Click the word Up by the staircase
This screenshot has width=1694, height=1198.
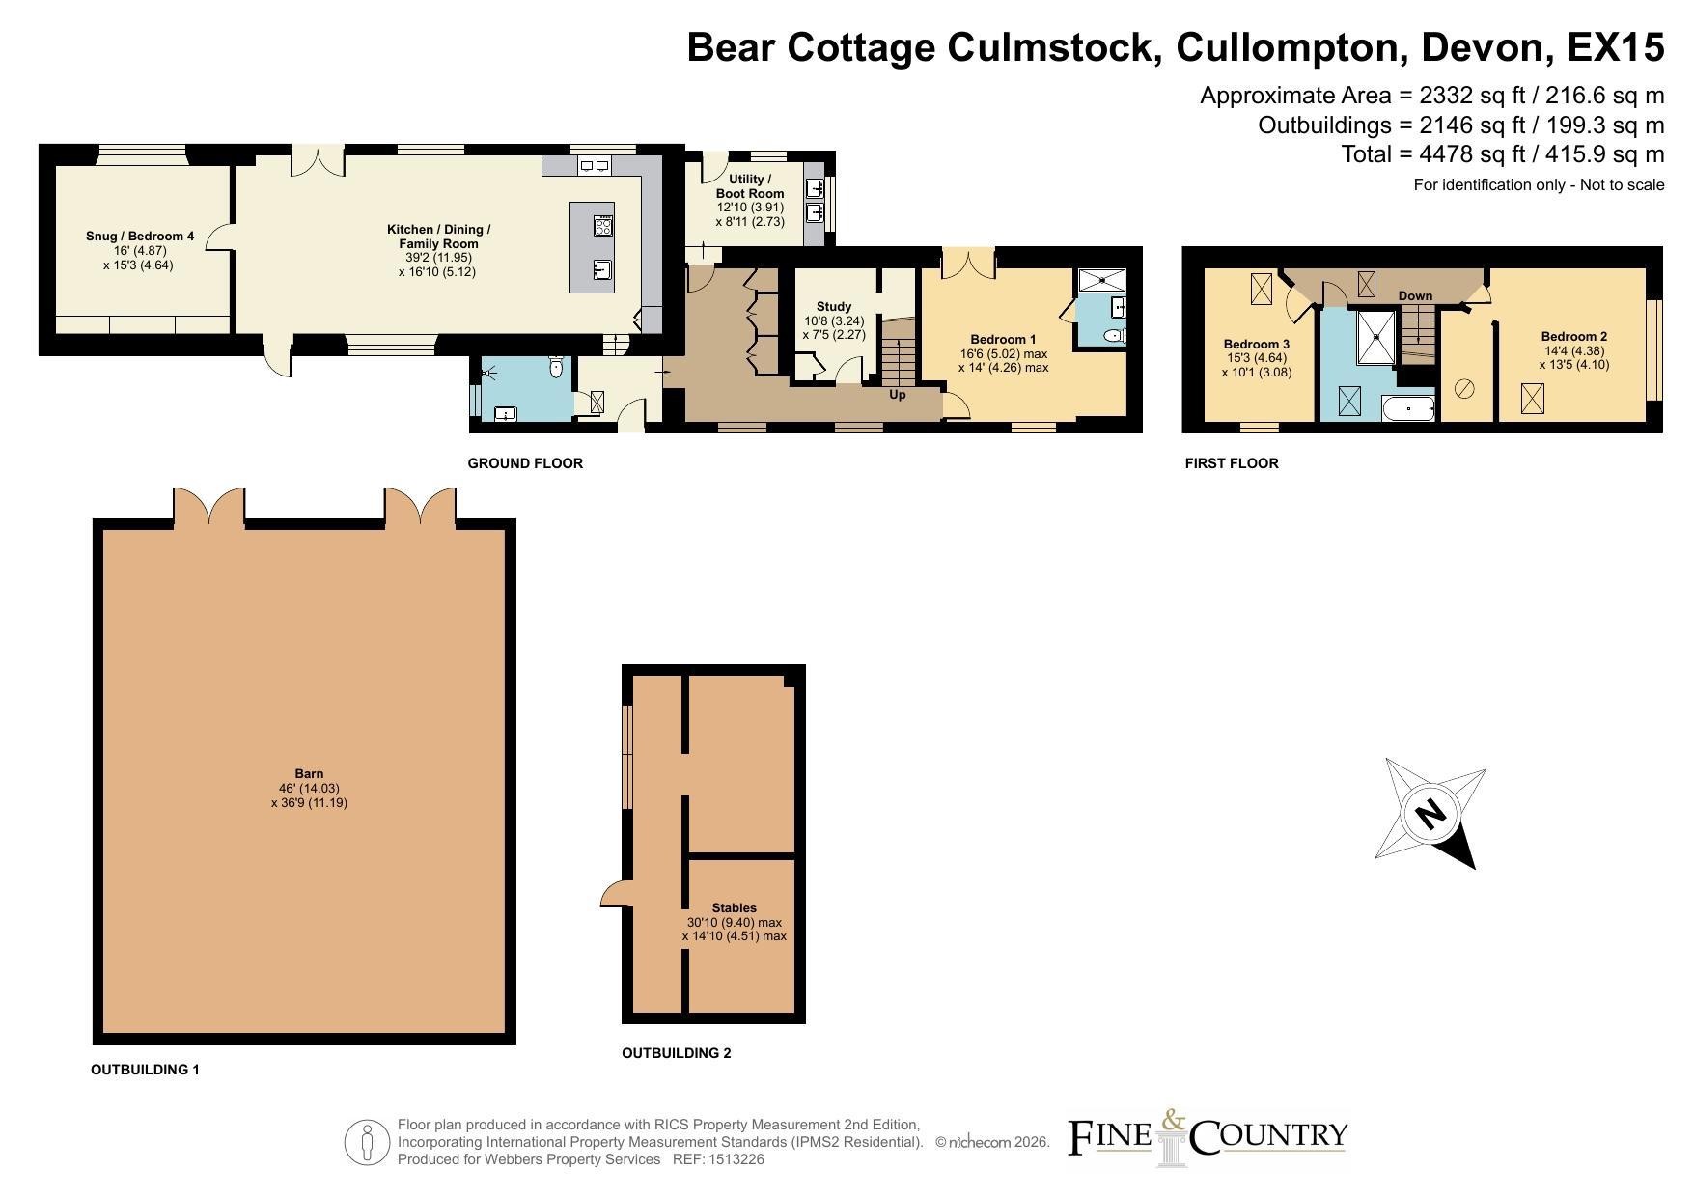(898, 395)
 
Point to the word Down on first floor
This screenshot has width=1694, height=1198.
(1415, 295)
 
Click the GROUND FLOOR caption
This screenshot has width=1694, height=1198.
(525, 463)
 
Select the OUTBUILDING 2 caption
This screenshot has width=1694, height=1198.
(677, 1053)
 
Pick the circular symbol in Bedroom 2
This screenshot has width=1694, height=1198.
(1464, 389)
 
